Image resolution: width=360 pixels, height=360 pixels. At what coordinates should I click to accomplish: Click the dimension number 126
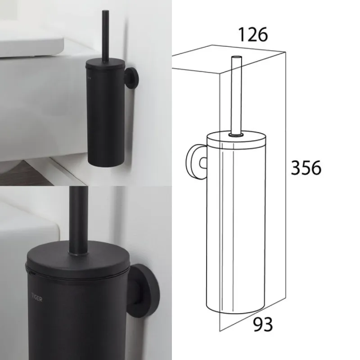pos(253,35)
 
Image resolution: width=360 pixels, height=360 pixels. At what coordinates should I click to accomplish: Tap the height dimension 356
pos(306,168)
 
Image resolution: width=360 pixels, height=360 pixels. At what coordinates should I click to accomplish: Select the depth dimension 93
pos(263,324)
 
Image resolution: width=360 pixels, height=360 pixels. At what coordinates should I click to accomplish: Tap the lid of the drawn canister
pos(237,139)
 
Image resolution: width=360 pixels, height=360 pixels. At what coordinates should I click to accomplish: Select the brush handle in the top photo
pos(105,36)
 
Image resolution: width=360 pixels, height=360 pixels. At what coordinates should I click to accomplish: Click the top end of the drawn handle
pos(237,58)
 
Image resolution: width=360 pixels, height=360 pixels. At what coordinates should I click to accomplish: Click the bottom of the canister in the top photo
pos(106,163)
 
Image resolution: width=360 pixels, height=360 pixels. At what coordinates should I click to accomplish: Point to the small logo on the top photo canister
pos(89,77)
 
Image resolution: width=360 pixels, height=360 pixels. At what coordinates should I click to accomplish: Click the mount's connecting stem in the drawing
pos(203,163)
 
